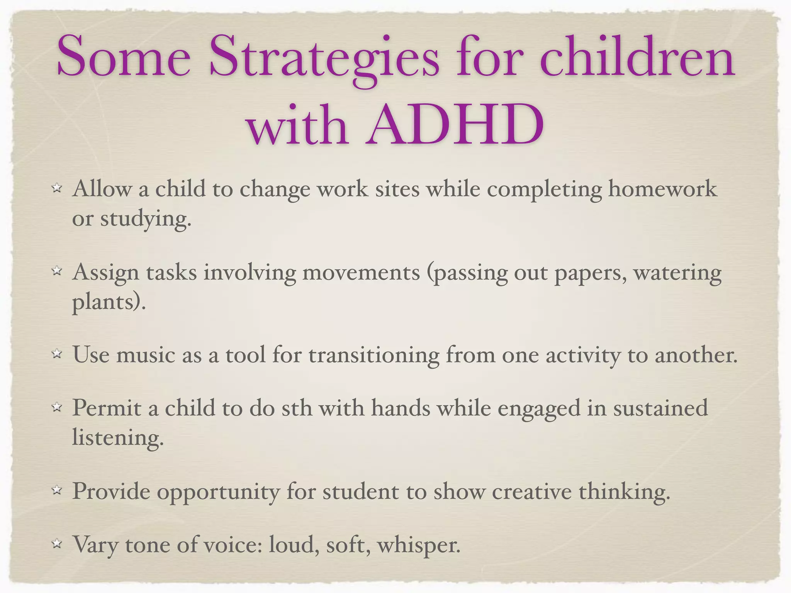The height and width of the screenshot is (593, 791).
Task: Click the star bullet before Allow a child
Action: click(x=57, y=188)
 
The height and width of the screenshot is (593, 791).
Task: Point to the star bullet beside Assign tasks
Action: click(x=57, y=271)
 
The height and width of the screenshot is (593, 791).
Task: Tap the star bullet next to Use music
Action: click(x=57, y=354)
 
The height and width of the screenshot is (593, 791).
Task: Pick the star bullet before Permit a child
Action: click(x=57, y=407)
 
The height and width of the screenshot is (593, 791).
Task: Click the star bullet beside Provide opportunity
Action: click(x=57, y=491)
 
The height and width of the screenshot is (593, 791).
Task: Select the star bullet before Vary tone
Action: click(x=57, y=544)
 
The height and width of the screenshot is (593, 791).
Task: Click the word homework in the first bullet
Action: click(x=662, y=189)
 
